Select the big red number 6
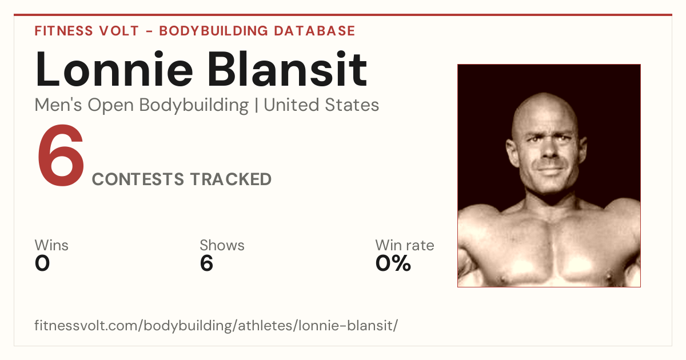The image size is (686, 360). click(x=61, y=155)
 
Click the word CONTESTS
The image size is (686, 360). click(x=138, y=179)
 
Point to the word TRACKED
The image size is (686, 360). click(x=231, y=179)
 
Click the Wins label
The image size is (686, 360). click(x=51, y=245)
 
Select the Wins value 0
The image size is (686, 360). click(x=42, y=263)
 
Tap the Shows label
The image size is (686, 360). click(x=222, y=245)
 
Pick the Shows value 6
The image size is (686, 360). click(x=206, y=263)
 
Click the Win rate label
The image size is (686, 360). click(x=405, y=245)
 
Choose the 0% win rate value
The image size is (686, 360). click(x=393, y=263)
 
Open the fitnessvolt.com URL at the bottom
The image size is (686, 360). click(x=216, y=325)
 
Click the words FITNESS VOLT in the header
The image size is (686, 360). click(x=87, y=31)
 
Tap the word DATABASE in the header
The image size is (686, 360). click(x=314, y=31)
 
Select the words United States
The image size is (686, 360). click(x=321, y=105)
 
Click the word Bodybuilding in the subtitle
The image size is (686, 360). click(x=194, y=106)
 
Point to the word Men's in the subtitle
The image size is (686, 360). click(x=58, y=105)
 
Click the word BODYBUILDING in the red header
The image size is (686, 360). click(x=214, y=31)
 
